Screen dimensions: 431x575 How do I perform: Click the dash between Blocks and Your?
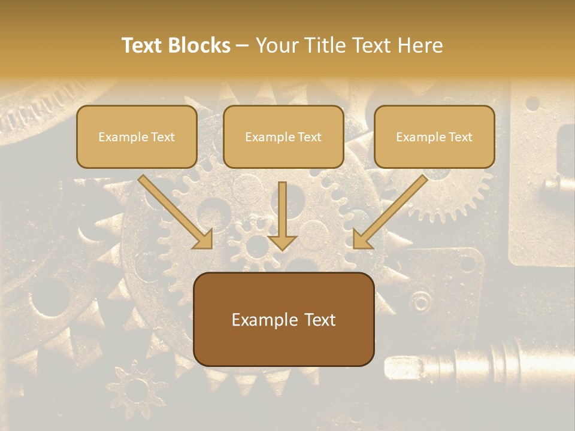coord(243,46)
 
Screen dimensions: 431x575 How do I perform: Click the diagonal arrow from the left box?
coord(174,210)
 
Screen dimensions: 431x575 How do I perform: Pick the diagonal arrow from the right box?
coord(392,210)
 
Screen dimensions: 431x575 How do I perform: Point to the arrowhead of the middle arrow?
coord(282,242)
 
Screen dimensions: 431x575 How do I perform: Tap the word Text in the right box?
coord(460,137)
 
